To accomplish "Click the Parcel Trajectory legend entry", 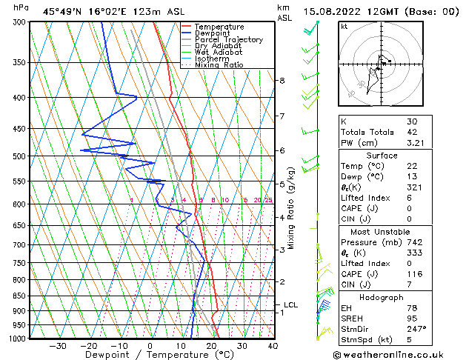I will [228, 39].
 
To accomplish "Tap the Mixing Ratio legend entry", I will [219, 65].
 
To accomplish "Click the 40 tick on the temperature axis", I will [273, 346].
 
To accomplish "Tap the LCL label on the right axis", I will [291, 304].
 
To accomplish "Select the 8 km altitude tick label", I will [282, 80].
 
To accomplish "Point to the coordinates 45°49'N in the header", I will [65, 11].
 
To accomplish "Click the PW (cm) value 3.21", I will [415, 143].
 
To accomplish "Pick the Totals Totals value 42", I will [412, 132].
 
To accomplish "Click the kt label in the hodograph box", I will [344, 26].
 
